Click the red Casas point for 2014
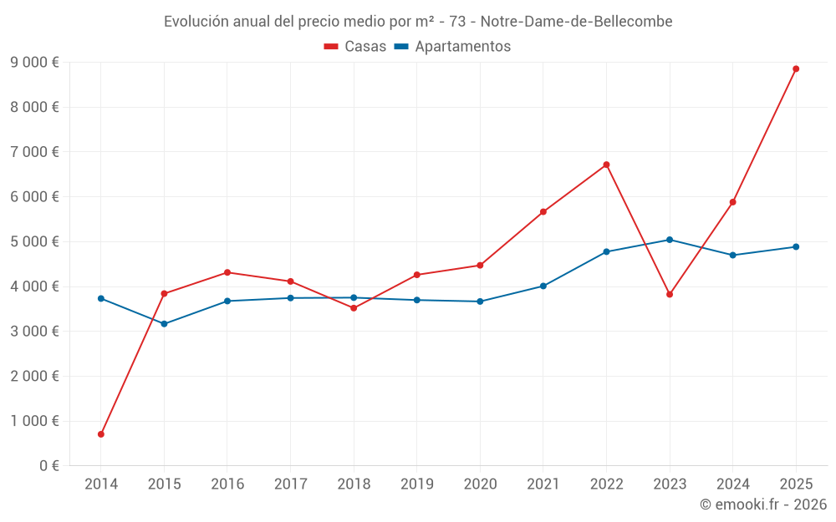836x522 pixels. [x=101, y=434]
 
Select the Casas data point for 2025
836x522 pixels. [x=796, y=68]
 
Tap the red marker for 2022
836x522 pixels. [x=606, y=165]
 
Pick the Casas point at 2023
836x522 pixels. [x=670, y=294]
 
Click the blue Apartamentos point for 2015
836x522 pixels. [x=164, y=324]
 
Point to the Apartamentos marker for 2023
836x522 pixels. [x=670, y=240]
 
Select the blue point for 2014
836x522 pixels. [x=101, y=298]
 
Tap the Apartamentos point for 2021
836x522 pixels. [x=543, y=286]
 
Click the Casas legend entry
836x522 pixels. [x=355, y=47]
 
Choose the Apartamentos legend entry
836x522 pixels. [x=452, y=47]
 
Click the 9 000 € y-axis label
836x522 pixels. [x=35, y=62]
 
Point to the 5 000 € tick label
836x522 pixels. [x=35, y=241]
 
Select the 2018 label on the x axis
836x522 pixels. [x=354, y=484]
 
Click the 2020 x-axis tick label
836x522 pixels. [x=480, y=484]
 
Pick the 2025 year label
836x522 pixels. [x=796, y=484]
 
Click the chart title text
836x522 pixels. [x=418, y=21]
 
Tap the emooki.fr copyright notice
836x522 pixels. [x=763, y=504]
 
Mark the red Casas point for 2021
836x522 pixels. [x=543, y=211]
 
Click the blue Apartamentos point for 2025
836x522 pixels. [x=796, y=246]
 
